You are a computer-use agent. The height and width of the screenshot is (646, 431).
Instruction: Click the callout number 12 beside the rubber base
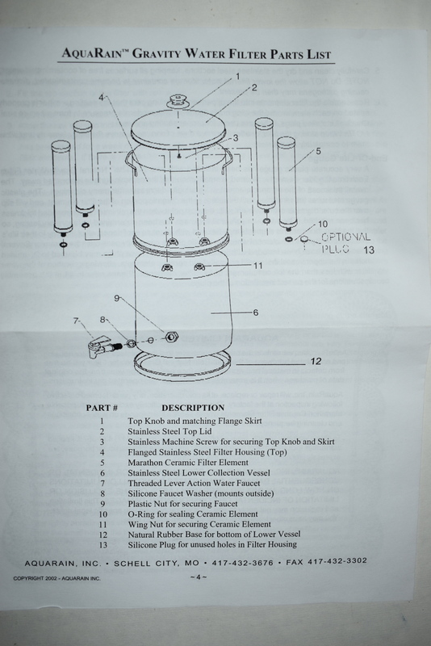[x=316, y=361]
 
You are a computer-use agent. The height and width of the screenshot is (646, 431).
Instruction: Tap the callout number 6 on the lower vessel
[x=256, y=313]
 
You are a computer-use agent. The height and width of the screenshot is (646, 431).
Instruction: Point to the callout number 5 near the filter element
[x=318, y=151]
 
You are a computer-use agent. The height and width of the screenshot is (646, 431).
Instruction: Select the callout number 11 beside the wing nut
[x=257, y=266]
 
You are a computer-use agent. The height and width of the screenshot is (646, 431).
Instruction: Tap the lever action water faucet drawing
[x=101, y=346]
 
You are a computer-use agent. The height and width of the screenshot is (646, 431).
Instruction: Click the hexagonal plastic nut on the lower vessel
[x=171, y=337]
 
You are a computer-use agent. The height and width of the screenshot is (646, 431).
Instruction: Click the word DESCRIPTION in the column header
[x=193, y=408]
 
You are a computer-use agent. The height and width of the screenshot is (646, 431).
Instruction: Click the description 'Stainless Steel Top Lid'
[x=169, y=431]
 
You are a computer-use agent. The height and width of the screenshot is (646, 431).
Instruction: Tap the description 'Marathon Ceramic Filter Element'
[x=188, y=462]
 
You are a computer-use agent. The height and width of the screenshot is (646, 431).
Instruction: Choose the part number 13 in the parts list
[x=103, y=544]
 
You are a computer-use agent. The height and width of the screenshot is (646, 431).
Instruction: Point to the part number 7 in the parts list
[x=103, y=483]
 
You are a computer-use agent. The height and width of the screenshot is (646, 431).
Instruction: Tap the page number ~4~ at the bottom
[x=199, y=577]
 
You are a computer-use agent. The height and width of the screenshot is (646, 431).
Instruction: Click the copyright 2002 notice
[x=56, y=578]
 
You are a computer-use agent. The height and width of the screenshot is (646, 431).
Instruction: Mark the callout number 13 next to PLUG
[x=369, y=250]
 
